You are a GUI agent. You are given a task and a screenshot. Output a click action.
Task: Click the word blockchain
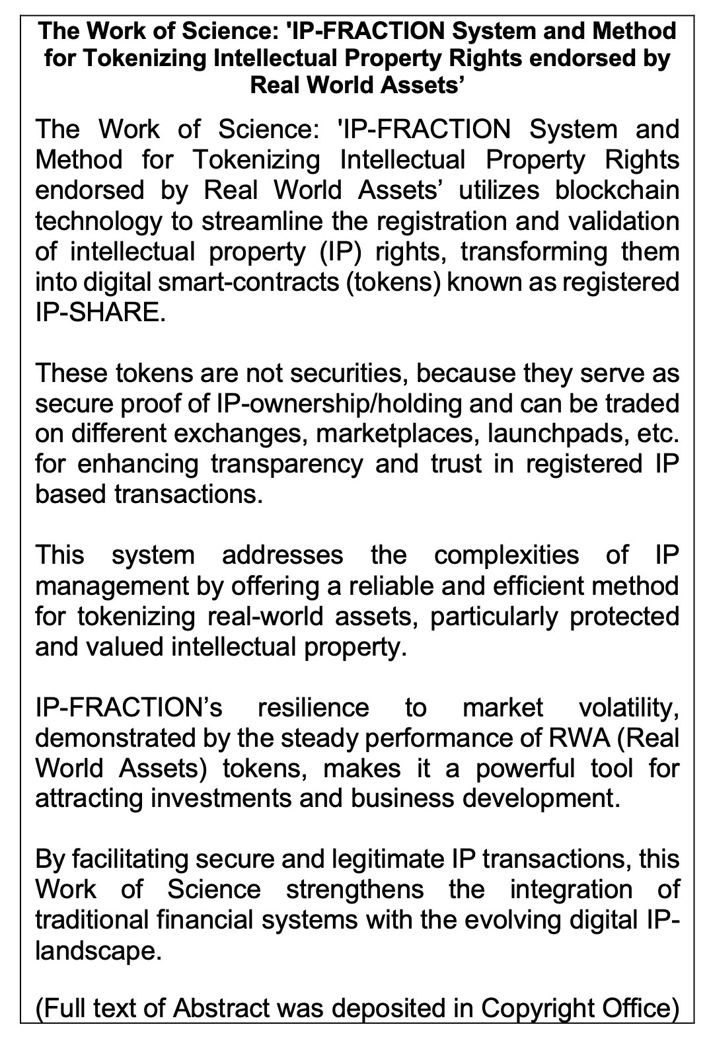tap(617, 190)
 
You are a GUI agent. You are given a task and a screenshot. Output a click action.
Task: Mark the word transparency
tap(287, 465)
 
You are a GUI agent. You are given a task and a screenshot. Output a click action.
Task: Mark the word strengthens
tap(355, 890)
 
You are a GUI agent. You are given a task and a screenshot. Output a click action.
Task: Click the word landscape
tap(97, 951)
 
